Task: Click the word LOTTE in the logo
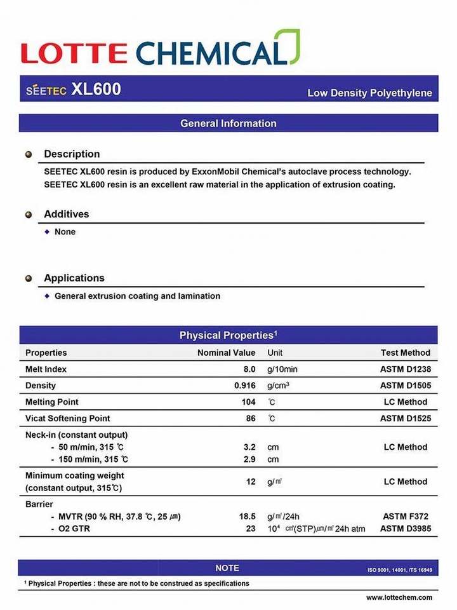point(74,53)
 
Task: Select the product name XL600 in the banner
point(96,90)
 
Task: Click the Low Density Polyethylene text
point(369,93)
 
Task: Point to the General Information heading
point(228,123)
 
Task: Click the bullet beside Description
point(29,154)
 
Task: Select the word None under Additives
point(65,232)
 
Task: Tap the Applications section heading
point(74,278)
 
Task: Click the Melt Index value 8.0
point(249,369)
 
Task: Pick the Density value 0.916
point(244,386)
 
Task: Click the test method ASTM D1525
point(404,419)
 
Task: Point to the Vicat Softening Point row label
point(67,419)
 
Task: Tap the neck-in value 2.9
point(249,459)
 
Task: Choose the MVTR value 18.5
point(247,517)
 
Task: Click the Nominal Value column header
point(226,353)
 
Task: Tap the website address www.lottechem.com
point(399,597)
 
